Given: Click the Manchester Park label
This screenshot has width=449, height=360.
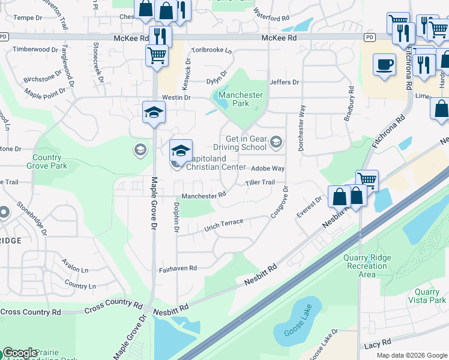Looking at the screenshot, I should click(x=241, y=99).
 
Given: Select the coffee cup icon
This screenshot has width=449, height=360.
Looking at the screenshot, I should click(x=384, y=64).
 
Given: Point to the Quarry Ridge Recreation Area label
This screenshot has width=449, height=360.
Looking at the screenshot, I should click(x=367, y=266).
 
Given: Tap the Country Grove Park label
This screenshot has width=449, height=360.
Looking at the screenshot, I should click(x=47, y=161).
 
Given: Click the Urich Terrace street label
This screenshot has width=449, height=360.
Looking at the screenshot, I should click(x=224, y=224).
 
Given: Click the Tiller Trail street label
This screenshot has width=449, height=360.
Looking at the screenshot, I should click(x=260, y=182).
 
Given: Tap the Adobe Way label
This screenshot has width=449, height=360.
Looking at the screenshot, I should click(x=268, y=169).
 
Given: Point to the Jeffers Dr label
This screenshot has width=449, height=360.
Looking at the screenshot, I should click(x=285, y=82).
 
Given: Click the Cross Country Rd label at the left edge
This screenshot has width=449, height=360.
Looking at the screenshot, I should click(x=31, y=312).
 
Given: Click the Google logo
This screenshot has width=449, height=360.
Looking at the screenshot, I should click(x=20, y=353).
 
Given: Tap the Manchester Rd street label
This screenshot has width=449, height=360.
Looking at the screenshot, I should click(x=204, y=195).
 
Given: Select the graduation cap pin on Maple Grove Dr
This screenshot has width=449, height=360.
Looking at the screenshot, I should click(x=154, y=112).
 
